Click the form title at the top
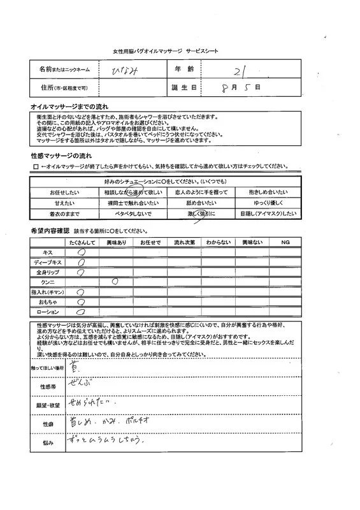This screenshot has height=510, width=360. click(180, 50)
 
